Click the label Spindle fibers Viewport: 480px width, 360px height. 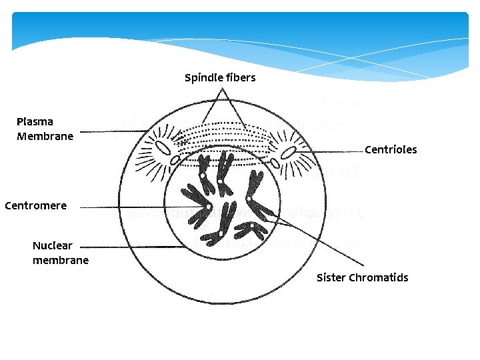(x=220, y=78)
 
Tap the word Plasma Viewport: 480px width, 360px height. (x=35, y=122)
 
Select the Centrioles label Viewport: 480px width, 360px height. (x=391, y=149)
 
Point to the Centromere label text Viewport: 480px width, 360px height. (x=35, y=205)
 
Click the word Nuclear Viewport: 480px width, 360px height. (x=53, y=246)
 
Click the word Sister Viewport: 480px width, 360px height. (x=331, y=277)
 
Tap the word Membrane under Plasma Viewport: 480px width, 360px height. (x=45, y=136)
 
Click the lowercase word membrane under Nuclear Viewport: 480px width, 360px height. (x=61, y=260)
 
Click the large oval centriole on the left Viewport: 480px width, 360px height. (x=163, y=147)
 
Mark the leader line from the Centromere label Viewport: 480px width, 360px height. (x=133, y=207)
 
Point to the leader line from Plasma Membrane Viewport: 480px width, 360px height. (x=110, y=131)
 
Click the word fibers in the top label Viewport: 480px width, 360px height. (x=241, y=78)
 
